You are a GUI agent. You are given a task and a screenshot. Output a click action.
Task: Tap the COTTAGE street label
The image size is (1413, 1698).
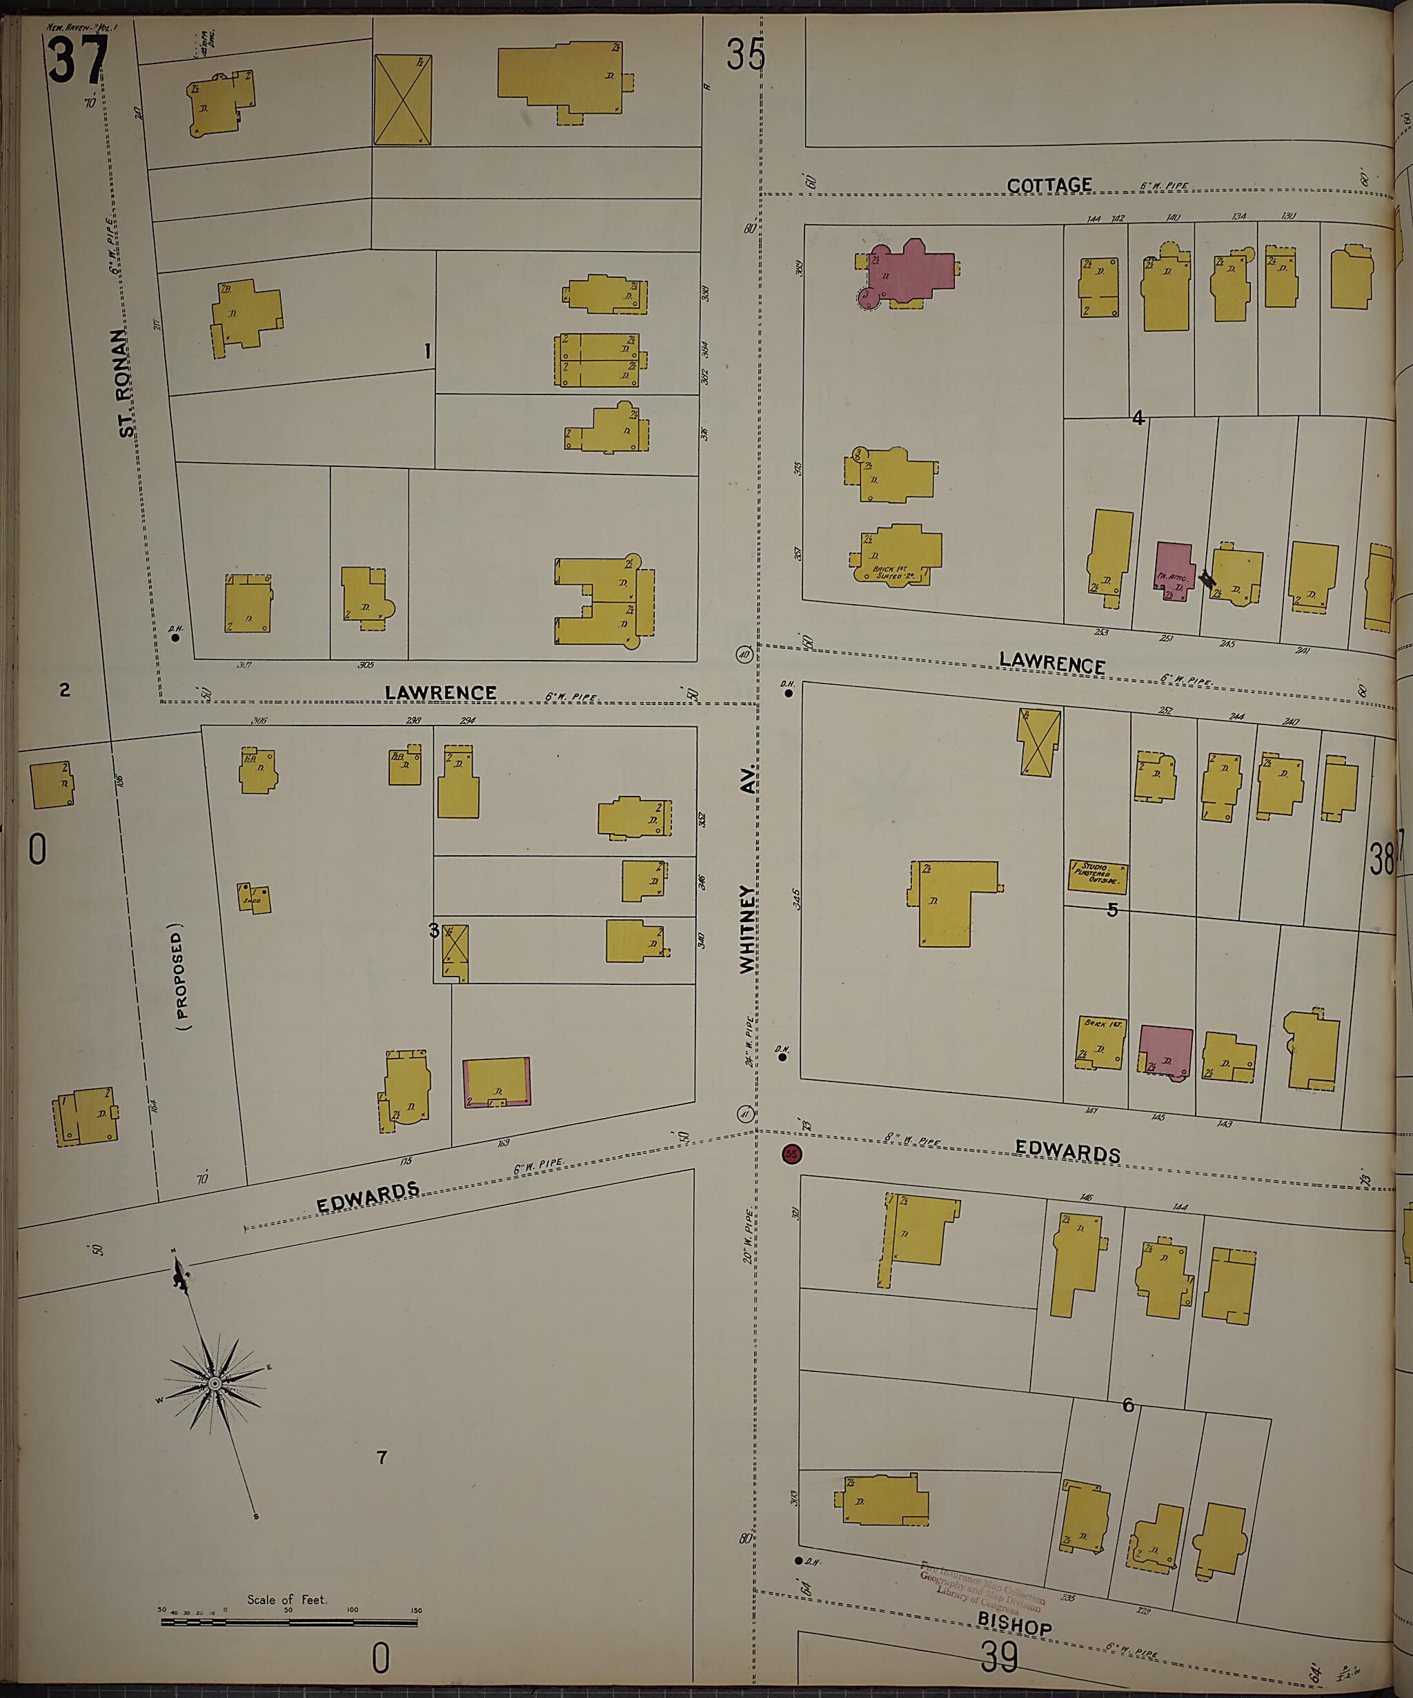point(1049,186)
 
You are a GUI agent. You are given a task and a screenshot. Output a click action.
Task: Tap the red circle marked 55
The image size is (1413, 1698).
point(791,1154)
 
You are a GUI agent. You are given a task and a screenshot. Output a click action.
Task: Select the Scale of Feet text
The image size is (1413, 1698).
point(287,1599)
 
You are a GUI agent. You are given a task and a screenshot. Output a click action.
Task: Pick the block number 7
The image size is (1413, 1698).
point(382,1458)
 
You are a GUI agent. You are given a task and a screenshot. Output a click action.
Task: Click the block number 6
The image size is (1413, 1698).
point(1128,1406)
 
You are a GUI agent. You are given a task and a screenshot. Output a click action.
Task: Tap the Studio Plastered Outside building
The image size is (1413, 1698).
point(1097,876)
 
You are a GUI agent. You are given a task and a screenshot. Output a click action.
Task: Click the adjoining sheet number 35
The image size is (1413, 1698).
point(745,56)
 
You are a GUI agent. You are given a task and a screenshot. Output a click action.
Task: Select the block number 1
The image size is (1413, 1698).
point(427,351)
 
